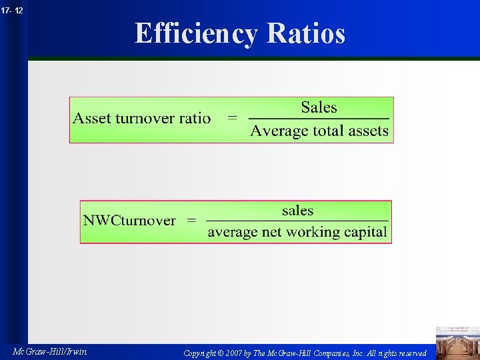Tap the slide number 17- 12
11,10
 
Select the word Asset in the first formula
92,119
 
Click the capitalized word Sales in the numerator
319,107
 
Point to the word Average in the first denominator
279,131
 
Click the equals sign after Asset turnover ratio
232,119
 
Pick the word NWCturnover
129,221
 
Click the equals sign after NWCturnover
191,221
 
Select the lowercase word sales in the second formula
297,211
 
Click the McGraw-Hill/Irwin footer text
50,351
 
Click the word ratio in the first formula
195,119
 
